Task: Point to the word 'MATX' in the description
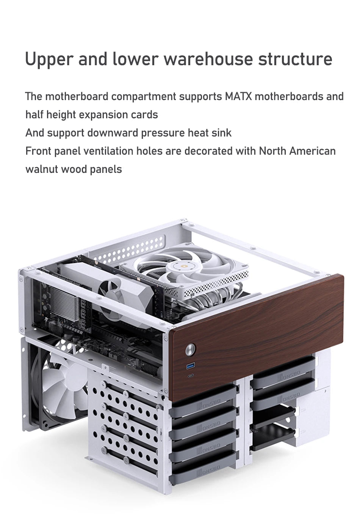point(238,96)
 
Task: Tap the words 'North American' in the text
point(297,151)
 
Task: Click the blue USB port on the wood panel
point(189,366)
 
